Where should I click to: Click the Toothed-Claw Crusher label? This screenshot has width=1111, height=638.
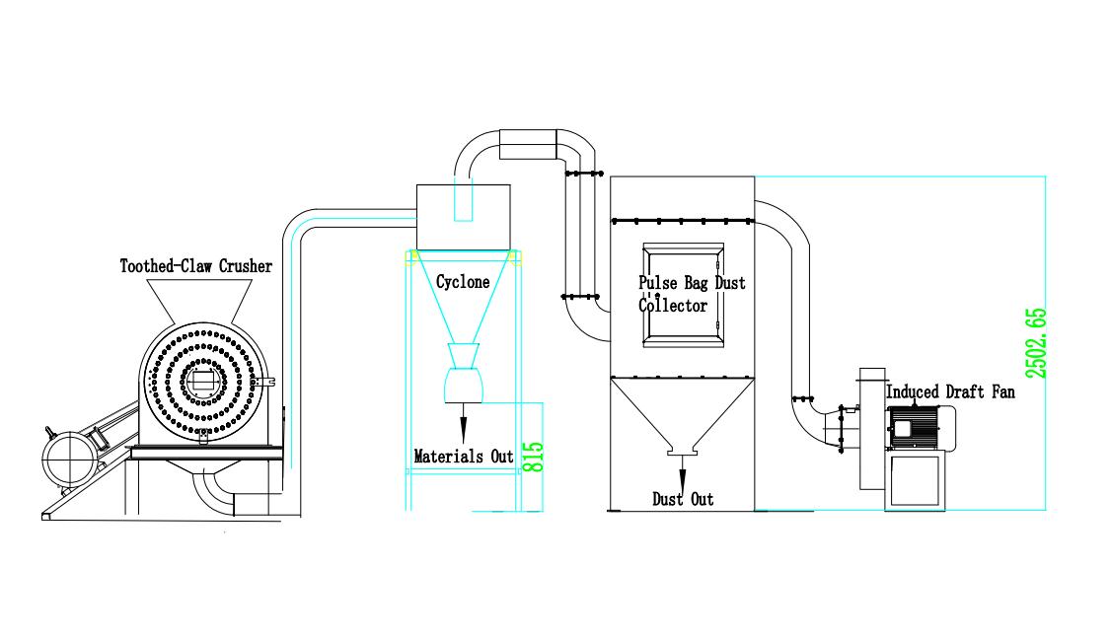coord(195,266)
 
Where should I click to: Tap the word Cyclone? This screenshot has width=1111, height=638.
coord(463,282)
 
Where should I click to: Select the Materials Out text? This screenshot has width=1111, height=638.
coord(463,457)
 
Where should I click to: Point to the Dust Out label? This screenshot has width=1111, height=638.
coord(683,500)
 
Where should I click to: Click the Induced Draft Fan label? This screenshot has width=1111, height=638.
coord(950,392)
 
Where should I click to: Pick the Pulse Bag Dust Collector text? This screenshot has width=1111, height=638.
coord(691,294)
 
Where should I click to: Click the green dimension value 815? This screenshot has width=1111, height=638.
coord(533,457)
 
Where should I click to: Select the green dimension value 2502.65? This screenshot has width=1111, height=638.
coord(1036,344)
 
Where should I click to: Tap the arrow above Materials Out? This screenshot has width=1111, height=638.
coord(462,424)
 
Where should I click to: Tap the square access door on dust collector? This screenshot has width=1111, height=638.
coord(683,295)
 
